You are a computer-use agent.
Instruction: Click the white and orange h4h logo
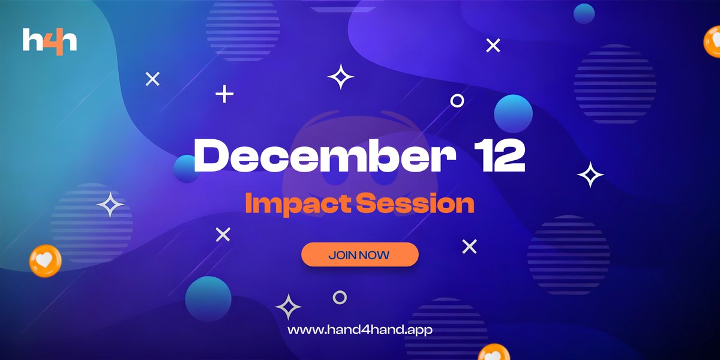tap(50, 41)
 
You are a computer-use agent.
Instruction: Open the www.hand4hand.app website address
tap(360, 330)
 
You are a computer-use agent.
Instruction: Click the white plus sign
tap(224, 94)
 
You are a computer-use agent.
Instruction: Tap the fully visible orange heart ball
tap(45, 260)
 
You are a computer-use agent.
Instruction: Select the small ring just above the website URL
tap(340, 297)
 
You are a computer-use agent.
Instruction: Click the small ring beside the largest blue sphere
tap(457, 101)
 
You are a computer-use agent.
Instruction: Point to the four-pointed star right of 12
tap(590, 175)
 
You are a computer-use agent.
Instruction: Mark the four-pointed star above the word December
tap(341, 77)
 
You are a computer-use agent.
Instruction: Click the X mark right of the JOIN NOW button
tap(469, 246)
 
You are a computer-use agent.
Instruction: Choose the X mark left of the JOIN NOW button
tap(223, 235)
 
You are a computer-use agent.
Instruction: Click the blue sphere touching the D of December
tap(185, 169)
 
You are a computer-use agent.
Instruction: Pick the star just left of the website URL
tap(288, 307)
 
